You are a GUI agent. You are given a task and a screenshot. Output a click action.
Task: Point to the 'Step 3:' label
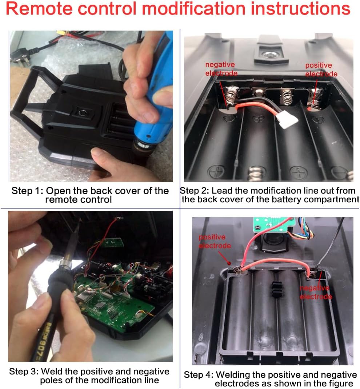point(24,372)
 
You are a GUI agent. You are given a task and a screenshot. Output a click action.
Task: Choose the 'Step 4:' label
point(199,374)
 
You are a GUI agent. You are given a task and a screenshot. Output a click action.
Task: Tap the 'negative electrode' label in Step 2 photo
point(221,69)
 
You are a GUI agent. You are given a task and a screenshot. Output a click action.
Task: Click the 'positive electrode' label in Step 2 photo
point(321,70)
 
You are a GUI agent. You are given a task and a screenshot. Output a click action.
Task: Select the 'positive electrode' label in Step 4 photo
point(215,241)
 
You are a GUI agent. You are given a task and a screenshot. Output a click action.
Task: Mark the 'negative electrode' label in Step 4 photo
point(316,292)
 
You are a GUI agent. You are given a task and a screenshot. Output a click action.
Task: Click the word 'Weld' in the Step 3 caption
point(52,372)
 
